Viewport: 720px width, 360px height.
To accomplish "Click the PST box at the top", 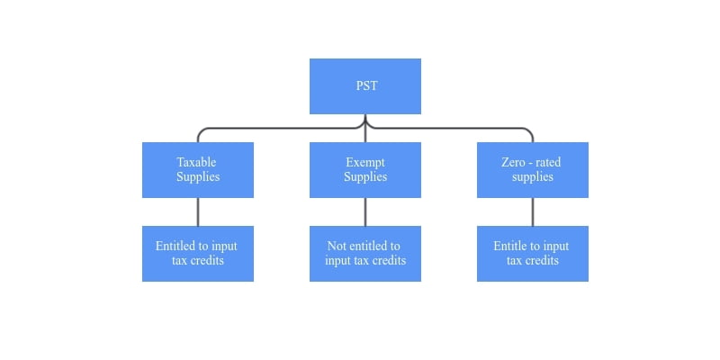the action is pos(365,85).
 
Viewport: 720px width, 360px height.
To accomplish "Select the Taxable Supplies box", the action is pos(198,170).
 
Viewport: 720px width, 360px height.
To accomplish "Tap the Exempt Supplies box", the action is pos(365,170).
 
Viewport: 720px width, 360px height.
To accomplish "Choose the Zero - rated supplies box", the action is pos(533,170).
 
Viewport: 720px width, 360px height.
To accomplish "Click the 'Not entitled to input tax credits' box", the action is pos(365,254).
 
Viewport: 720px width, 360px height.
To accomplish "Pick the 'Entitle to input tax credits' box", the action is pos(533,254).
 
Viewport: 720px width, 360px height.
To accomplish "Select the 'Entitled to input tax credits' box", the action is pos(198,254).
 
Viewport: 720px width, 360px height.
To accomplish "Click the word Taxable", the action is pos(196,162).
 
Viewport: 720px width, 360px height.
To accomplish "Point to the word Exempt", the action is pos(365,163).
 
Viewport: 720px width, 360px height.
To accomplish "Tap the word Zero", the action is pos(512,162).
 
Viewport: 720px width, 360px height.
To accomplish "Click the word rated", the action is pos(548,163).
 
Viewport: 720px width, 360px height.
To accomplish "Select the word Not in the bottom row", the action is pos(337,246).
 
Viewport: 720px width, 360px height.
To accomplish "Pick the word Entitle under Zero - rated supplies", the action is pos(509,246).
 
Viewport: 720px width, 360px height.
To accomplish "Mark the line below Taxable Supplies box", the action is pos(198,212).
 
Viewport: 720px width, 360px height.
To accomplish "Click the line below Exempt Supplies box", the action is pos(365,212).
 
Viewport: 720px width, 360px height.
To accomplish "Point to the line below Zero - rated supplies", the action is pos(533,212).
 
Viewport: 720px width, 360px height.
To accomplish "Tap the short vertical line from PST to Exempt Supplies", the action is pos(365,128).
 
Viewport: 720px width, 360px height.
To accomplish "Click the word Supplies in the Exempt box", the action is pos(365,177).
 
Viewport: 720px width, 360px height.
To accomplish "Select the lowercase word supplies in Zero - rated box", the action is pos(533,177).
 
